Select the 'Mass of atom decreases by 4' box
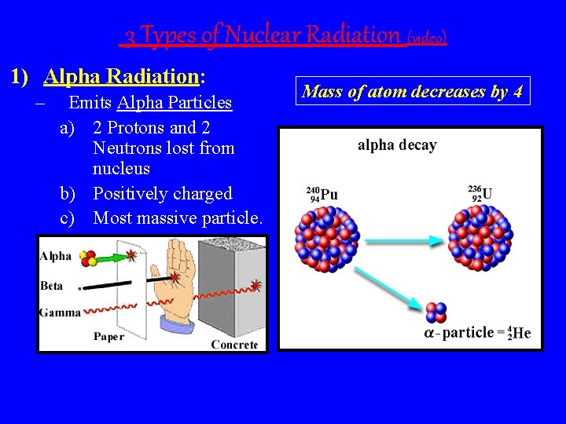413,91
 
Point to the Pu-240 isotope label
322,194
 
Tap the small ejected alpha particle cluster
436,312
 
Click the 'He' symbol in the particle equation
521,334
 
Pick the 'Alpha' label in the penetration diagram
55,256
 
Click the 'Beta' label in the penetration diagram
52,286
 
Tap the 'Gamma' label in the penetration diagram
60,313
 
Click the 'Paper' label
108,336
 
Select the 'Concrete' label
234,344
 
